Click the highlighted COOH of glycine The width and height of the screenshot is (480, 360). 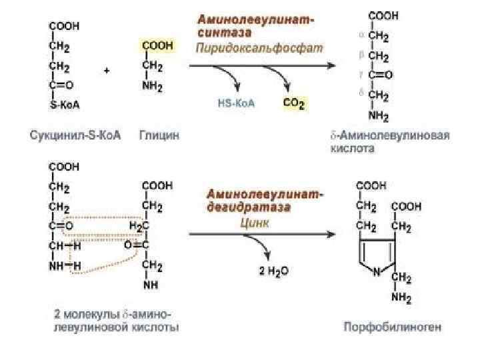tap(157, 45)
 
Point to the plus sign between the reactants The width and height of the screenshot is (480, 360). tap(107, 71)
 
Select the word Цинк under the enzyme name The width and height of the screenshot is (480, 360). tap(255, 223)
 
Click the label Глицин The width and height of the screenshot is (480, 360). tap(159, 135)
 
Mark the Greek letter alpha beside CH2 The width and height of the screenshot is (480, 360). tap(361, 35)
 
